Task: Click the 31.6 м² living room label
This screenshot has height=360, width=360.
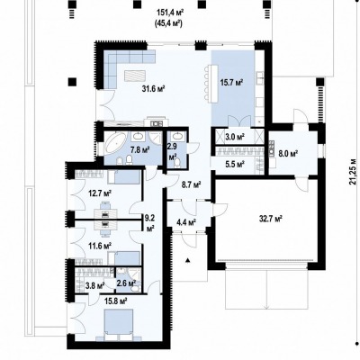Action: coord(154,89)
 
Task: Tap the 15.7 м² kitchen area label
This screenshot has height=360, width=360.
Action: coord(231,82)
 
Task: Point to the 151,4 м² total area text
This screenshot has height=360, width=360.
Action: coord(170,13)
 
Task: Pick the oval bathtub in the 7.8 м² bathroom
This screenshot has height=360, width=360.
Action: coord(114,145)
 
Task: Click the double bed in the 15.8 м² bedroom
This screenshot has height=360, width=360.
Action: coord(119,325)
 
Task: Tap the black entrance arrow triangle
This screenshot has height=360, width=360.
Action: coord(188,260)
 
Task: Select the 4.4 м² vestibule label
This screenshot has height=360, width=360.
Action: coord(185,222)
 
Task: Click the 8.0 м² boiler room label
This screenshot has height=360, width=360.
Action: coord(287,154)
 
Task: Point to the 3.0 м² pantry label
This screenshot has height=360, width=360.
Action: coord(235,137)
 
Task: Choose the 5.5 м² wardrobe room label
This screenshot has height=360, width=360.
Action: coord(235,164)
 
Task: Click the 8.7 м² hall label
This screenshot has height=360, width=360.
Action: coord(191,184)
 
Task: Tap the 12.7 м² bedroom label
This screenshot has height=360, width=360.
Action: coord(100,193)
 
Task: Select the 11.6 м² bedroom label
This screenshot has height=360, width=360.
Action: coord(100,246)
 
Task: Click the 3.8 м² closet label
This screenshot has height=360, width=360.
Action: coord(94,284)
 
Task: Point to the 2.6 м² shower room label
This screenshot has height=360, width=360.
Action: coord(126,283)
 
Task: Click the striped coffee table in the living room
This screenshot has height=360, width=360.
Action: coord(135,75)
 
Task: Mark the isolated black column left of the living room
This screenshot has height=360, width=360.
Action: coord(72,82)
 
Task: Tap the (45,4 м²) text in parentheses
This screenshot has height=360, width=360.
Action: coord(169,23)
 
